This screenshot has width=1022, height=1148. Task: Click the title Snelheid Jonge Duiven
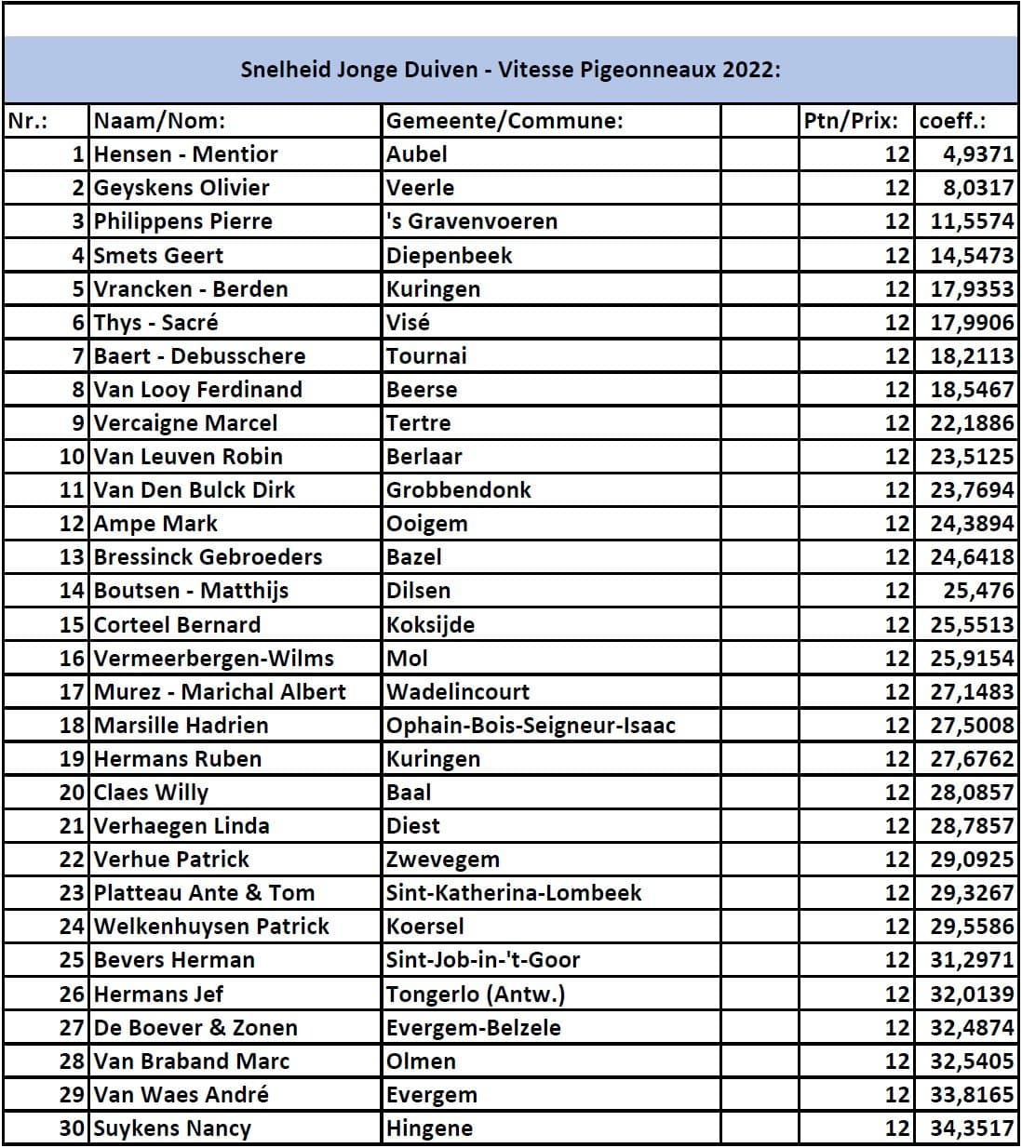tap(510, 70)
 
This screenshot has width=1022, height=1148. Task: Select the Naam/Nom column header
tap(159, 121)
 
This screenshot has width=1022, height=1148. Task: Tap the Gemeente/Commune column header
tap(504, 121)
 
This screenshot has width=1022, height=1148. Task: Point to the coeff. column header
tap(952, 121)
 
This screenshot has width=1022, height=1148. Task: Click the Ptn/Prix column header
tap(851, 121)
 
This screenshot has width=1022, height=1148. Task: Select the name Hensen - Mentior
tap(185, 154)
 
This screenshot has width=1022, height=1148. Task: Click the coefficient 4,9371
tap(976, 154)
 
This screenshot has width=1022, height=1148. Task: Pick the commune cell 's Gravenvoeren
tap(472, 221)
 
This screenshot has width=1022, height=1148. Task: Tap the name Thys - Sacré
tap(155, 323)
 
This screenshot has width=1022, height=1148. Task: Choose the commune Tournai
tap(426, 356)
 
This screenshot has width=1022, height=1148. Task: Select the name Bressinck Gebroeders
tap(208, 557)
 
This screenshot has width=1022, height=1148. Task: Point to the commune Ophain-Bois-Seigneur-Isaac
tap(531, 726)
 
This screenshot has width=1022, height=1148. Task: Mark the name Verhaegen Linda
tap(182, 826)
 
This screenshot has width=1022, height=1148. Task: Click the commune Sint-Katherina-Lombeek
tap(514, 893)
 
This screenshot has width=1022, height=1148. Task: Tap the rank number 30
tap(72, 1128)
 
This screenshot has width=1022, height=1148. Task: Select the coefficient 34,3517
tap(972, 1128)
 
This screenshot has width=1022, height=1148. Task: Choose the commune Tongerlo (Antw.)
tap(476, 994)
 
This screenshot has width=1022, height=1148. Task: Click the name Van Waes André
tap(181, 1095)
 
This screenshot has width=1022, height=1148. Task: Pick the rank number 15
tap(72, 625)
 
